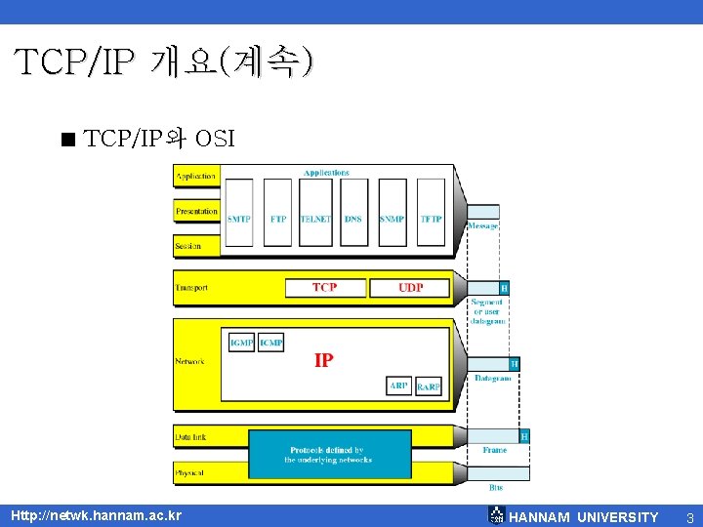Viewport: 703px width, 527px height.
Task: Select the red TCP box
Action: pyautogui.click(x=325, y=288)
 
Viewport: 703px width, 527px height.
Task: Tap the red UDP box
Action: pyautogui.click(x=411, y=288)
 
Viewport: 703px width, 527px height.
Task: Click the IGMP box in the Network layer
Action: pyautogui.click(x=241, y=343)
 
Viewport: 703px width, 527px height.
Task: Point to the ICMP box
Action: pyautogui.click(x=271, y=343)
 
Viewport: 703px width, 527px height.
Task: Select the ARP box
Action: pyautogui.click(x=399, y=386)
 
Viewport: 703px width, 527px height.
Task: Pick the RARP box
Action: pyautogui.click(x=429, y=386)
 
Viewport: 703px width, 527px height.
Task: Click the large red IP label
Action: pyautogui.click(x=324, y=360)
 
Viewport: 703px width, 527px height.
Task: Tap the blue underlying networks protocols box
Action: pyautogui.click(x=329, y=455)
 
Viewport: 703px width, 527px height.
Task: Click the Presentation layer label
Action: pyautogui.click(x=196, y=212)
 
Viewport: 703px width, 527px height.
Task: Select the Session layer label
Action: pyautogui.click(x=188, y=246)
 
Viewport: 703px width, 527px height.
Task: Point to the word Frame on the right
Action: pyautogui.click(x=495, y=451)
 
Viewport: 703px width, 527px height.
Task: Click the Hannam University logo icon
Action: pyautogui.click(x=496, y=515)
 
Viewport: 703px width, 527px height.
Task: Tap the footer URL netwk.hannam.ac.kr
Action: pyautogui.click(x=96, y=515)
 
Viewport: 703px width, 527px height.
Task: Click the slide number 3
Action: pyautogui.click(x=689, y=516)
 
